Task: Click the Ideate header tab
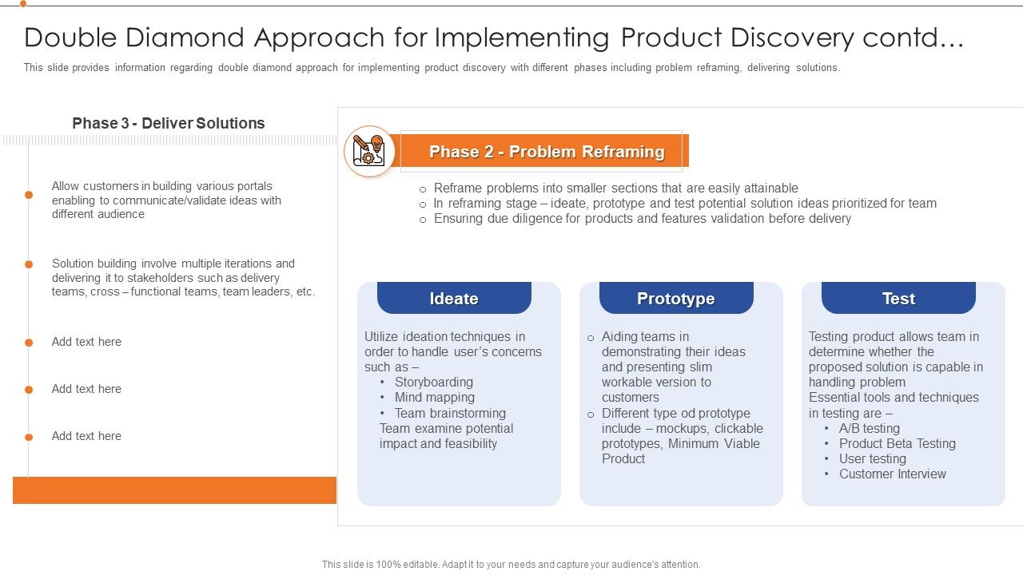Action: [x=454, y=299]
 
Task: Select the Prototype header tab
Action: [x=676, y=299]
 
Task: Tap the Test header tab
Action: [x=898, y=299]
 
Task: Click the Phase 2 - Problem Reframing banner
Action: [x=546, y=152]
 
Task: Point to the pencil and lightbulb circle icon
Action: [x=369, y=151]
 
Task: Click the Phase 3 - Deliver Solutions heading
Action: [x=169, y=123]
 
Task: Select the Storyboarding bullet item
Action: [x=433, y=382]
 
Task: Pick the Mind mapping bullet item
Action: [x=434, y=397]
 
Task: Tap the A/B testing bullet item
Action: [x=869, y=428]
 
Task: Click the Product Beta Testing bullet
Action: [x=897, y=443]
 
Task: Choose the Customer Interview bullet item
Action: [x=892, y=474]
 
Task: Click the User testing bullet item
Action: [x=872, y=458]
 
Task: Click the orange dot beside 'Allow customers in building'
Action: [x=29, y=195]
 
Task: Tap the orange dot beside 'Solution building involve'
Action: [x=29, y=264]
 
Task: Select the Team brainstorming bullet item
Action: [x=450, y=413]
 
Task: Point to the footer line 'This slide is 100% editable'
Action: [x=511, y=564]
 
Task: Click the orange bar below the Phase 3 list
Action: [x=174, y=490]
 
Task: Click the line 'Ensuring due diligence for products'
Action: [x=642, y=218]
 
